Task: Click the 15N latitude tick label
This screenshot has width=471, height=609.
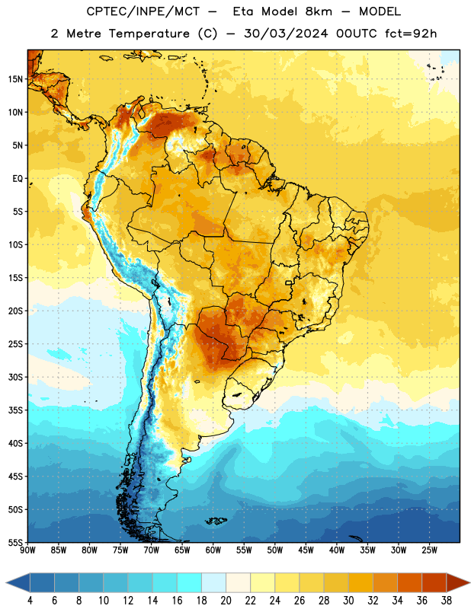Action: coord(15,79)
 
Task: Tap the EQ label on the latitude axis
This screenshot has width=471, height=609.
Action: coord(18,179)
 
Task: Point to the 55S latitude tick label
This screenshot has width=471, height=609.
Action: coord(15,542)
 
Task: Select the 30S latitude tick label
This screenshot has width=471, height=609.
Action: coord(15,377)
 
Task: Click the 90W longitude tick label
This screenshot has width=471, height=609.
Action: coord(27,550)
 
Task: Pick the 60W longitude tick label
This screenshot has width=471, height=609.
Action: coord(213,550)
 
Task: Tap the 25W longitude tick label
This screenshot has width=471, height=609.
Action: coord(429,550)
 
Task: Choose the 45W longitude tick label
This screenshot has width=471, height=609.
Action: coord(306,550)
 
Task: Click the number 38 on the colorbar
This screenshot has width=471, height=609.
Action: coord(446,601)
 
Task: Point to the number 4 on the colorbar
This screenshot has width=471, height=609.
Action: coord(30,601)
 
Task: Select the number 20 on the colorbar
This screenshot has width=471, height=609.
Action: coord(226,601)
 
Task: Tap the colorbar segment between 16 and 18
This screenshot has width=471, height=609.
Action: coord(190,582)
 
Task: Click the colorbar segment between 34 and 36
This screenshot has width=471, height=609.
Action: coord(409,582)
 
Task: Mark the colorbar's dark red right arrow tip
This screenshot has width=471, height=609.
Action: coord(469,582)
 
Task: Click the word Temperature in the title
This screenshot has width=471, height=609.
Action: coord(149,33)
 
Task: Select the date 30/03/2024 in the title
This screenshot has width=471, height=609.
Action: coord(287,33)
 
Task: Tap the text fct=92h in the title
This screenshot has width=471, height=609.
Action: coord(411,33)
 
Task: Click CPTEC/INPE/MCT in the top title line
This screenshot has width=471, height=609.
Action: coord(143,11)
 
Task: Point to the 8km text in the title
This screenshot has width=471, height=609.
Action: coord(319,11)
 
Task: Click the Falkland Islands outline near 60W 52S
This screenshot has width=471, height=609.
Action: coord(216,521)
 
